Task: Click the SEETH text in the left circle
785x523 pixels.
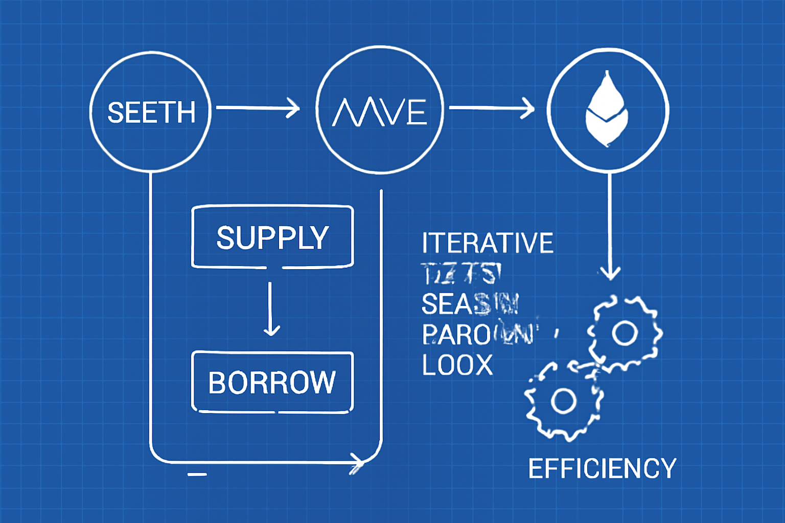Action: point(151,112)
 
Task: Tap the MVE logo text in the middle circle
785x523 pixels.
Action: point(380,112)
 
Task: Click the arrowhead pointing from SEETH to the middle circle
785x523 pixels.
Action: point(294,108)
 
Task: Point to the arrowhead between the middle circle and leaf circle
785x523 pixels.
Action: point(528,108)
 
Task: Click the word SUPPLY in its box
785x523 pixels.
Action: point(272,237)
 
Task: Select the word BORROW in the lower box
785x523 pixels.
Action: point(272,383)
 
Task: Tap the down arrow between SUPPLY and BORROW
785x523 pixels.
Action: point(271,327)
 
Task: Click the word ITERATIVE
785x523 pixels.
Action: point(487,243)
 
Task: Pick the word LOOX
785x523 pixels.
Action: point(457,365)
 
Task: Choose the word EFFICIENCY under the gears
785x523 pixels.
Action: point(602,468)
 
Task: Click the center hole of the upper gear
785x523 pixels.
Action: point(625,333)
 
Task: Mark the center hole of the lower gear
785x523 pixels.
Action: point(564,400)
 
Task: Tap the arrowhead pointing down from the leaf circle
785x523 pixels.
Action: point(610,273)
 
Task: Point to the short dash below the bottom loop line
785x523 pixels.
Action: point(197,474)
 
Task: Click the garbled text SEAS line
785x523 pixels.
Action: point(469,304)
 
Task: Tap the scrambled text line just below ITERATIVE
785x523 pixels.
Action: point(460,274)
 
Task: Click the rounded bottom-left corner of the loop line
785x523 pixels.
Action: point(156,455)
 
